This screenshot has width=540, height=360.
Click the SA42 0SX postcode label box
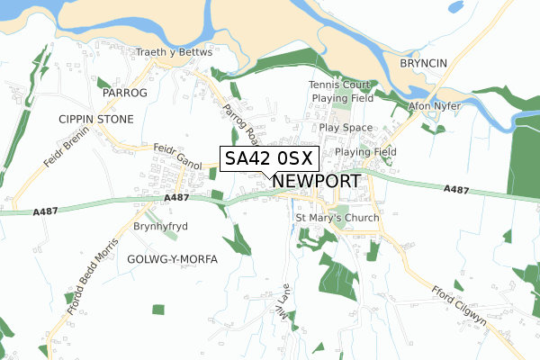(x=268, y=158)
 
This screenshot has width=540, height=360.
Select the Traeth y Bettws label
(x=174, y=52)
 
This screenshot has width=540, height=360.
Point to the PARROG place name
(x=123, y=93)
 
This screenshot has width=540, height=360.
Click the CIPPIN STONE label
(x=95, y=119)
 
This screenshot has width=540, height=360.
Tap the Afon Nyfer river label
(x=435, y=106)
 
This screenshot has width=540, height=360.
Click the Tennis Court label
(x=339, y=85)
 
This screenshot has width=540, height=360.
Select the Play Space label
(x=346, y=128)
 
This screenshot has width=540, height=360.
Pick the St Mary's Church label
(x=337, y=219)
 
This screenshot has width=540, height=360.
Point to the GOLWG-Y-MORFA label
(x=173, y=259)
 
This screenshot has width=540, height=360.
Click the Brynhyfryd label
(x=160, y=227)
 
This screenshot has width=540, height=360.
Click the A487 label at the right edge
(x=457, y=189)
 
